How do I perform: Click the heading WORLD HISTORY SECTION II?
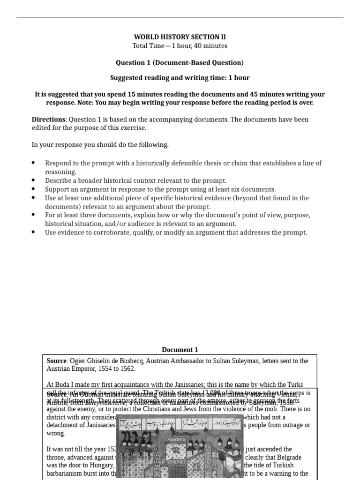pos(180,37)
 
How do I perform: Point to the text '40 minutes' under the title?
pos(211,45)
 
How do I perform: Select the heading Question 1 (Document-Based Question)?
pos(180,62)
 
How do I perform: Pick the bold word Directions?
pos(48,120)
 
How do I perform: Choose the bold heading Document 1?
pos(180,350)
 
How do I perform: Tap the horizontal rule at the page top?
pos(180,17)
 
